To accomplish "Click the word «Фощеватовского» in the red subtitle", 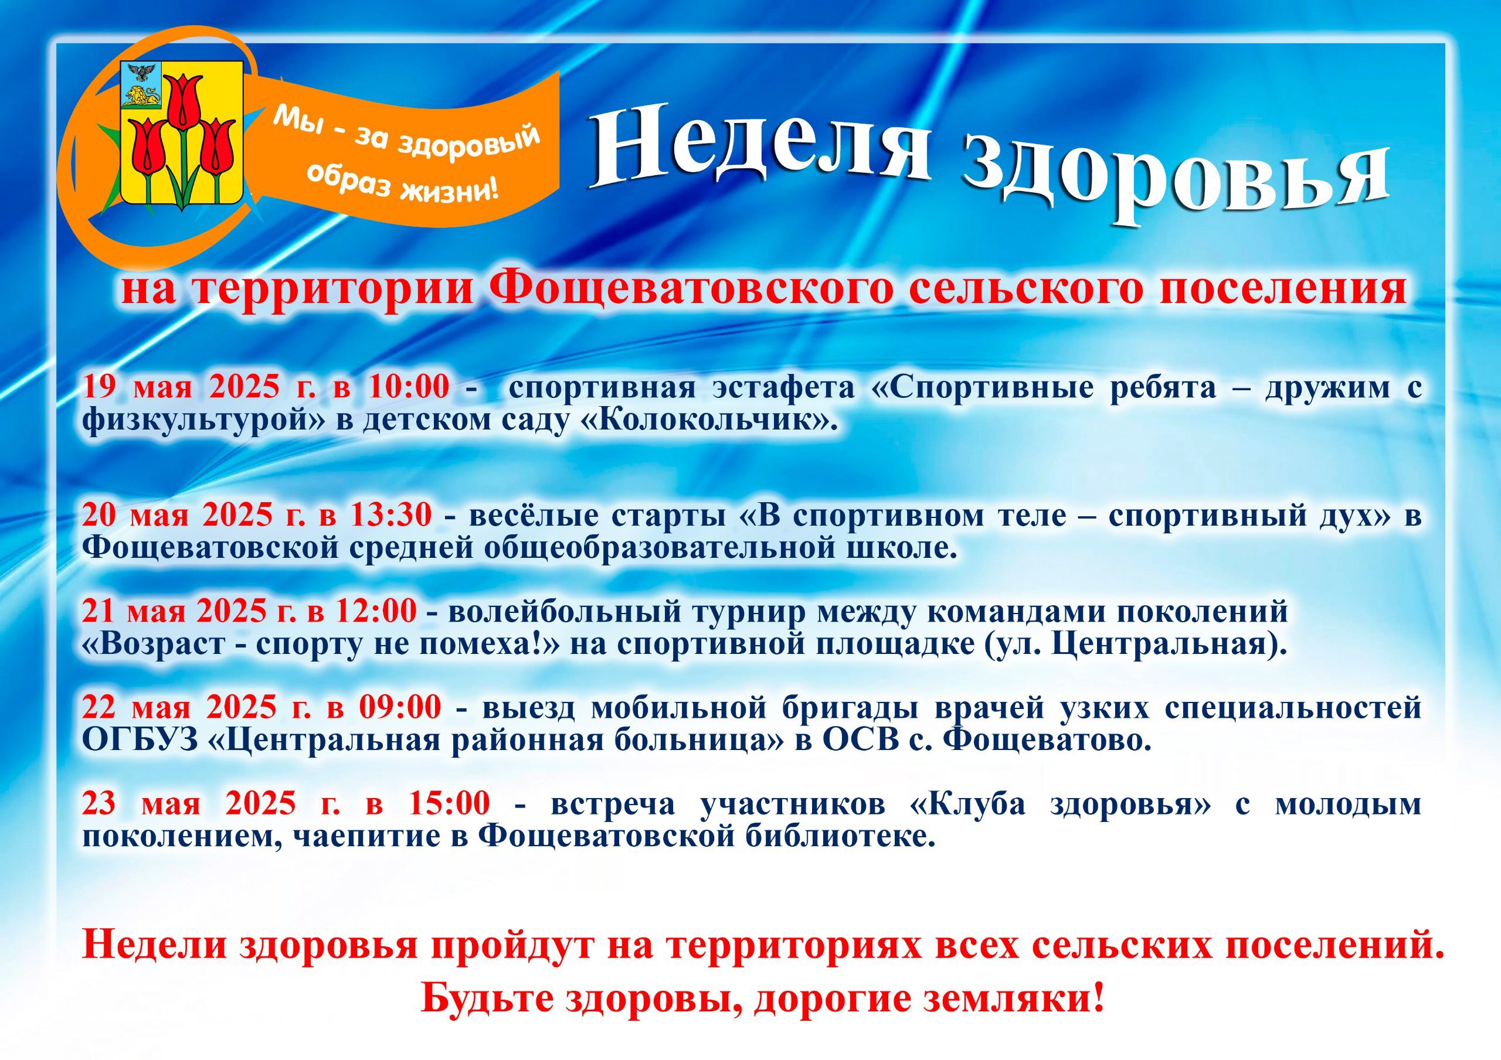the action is (x=690, y=288).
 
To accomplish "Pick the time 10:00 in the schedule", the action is (x=409, y=387).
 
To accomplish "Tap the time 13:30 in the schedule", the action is (x=390, y=516).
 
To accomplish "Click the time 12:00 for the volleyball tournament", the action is (x=375, y=611).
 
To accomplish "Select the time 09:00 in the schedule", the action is (x=399, y=707).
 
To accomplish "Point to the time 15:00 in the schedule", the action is (x=449, y=803).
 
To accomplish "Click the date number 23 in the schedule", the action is (x=98, y=803).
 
